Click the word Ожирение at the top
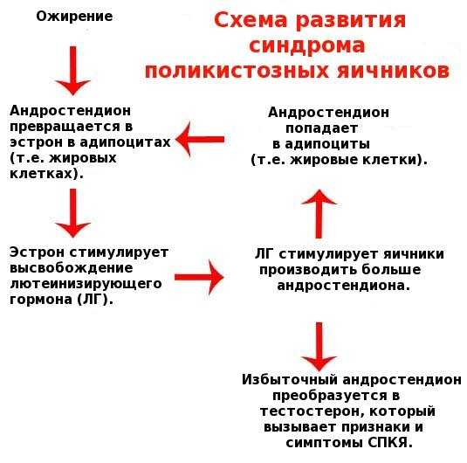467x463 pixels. coord(74,17)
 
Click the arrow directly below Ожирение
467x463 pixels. coord(73,71)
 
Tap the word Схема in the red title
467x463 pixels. coord(251,20)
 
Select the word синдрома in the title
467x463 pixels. coord(307,46)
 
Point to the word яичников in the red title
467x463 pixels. coord(393,72)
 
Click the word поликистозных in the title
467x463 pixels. coord(237,72)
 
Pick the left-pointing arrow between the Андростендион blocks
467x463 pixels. coord(200,139)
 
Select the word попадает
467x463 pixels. coord(321,128)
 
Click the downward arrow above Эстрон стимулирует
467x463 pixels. coord(73,213)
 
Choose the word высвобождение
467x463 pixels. coord(72,267)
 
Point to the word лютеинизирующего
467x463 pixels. coord(86,284)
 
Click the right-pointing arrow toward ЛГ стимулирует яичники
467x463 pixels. coord(199,277)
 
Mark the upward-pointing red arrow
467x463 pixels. coord(319,214)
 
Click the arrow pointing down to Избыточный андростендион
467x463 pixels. coord(319,347)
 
